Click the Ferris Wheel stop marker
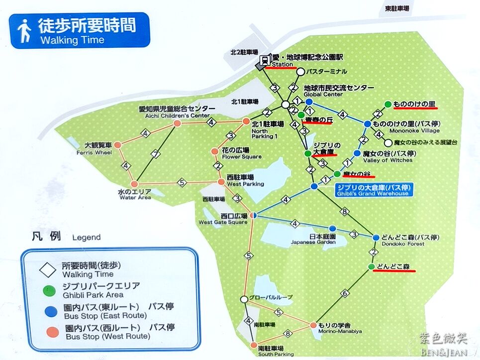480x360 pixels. (118, 145)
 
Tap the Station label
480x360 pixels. (282, 64)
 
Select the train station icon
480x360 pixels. (264, 61)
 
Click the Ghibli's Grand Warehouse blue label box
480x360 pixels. (373, 190)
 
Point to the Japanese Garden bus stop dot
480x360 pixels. (333, 229)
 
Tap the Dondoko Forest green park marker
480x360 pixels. (371, 267)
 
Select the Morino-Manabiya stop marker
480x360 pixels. (313, 325)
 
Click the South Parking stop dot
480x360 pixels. (254, 343)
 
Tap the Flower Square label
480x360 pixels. (241, 156)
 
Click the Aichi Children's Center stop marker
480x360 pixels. (177, 123)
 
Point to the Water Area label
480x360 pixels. (135, 197)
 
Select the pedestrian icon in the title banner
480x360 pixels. (24, 31)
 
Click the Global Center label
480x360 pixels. (323, 94)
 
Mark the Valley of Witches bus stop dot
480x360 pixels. (357, 153)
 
